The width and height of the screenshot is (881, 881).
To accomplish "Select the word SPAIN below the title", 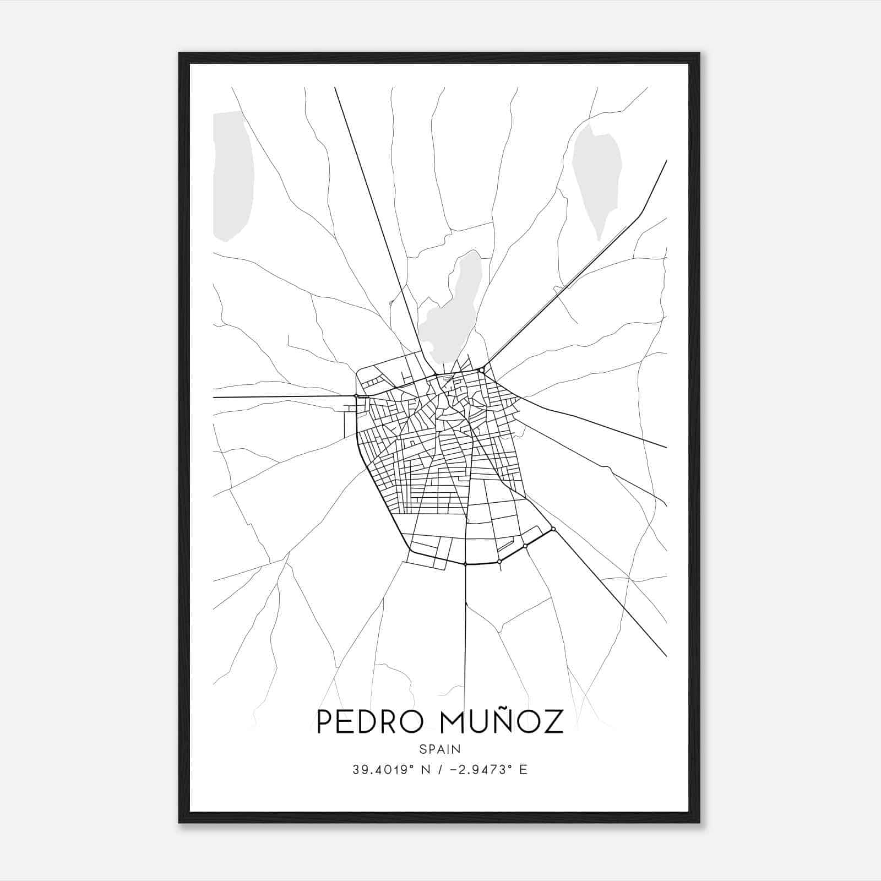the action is (440, 749).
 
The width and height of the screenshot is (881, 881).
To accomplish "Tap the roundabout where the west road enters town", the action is (356, 395).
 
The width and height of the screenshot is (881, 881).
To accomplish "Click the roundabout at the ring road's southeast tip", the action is (553, 529).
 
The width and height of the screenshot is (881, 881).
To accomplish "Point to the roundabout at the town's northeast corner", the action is (482, 370).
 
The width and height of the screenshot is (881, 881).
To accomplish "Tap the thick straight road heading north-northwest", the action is (374, 220).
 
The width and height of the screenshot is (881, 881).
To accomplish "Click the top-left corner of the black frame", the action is (180, 53).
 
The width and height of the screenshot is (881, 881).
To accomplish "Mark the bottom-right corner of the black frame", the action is (699, 822).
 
